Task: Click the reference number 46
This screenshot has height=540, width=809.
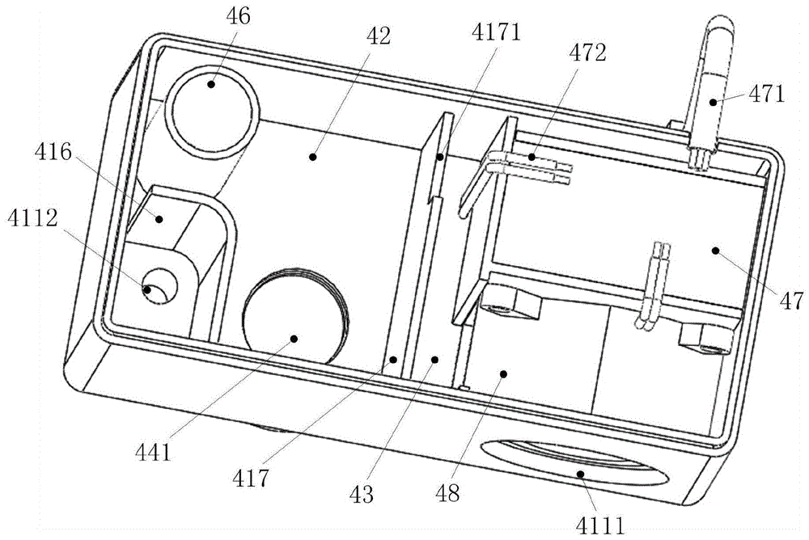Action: (x=238, y=16)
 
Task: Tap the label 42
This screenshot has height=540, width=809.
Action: (x=379, y=36)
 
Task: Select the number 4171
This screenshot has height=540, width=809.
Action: (x=496, y=32)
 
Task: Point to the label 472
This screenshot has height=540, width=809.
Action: (x=587, y=52)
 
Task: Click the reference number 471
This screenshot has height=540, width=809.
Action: (x=766, y=95)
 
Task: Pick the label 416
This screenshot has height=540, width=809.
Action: (x=53, y=152)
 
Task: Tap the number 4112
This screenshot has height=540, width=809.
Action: (x=32, y=219)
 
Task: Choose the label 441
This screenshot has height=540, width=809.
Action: (x=153, y=453)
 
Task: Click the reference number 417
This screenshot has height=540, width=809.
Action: (x=250, y=479)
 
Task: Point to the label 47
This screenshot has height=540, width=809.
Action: (x=792, y=301)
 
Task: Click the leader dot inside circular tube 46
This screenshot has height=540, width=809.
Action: (x=211, y=84)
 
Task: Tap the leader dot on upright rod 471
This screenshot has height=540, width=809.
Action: (x=713, y=102)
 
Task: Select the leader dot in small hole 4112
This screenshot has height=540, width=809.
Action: (x=147, y=289)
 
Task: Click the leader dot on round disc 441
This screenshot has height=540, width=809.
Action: (x=294, y=339)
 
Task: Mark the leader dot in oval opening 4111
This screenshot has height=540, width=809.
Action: (x=581, y=473)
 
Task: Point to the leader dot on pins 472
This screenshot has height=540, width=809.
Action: (x=531, y=156)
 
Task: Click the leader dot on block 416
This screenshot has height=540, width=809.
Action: (x=159, y=219)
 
